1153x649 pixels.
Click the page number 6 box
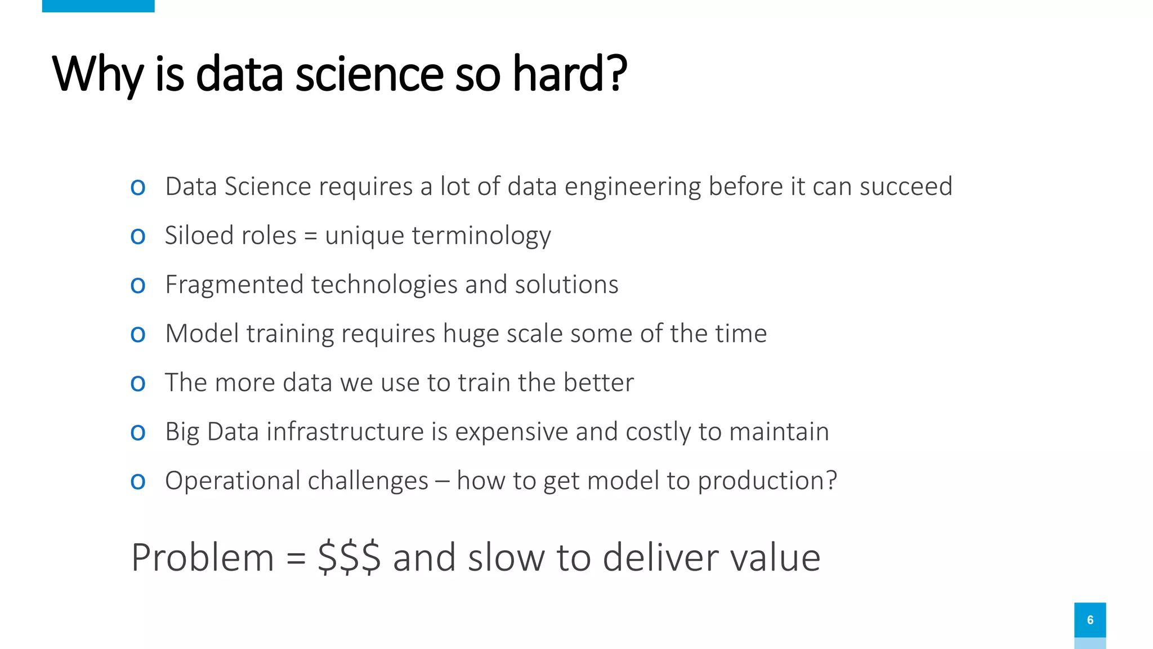[1090, 620]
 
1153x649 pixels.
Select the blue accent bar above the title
[98, 6]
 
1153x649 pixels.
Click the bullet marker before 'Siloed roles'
[138, 236]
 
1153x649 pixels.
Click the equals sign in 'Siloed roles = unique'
[310, 236]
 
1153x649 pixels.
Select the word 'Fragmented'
[234, 285]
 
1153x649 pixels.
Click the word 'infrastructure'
[345, 432]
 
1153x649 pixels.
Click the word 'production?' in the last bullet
[767, 481]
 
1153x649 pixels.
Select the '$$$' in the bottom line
[349, 558]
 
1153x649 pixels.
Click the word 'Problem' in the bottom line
[203, 558]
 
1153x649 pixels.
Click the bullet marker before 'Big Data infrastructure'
[138, 432]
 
